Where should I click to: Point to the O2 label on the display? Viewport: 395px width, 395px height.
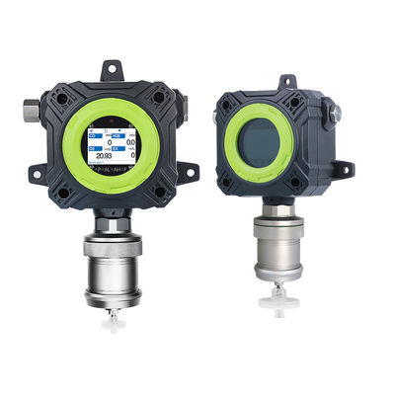[93, 147]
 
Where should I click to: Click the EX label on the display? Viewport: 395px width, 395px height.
[117, 147]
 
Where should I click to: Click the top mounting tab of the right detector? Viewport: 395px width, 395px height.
[286, 80]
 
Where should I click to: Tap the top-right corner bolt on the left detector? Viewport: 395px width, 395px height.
[155, 99]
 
